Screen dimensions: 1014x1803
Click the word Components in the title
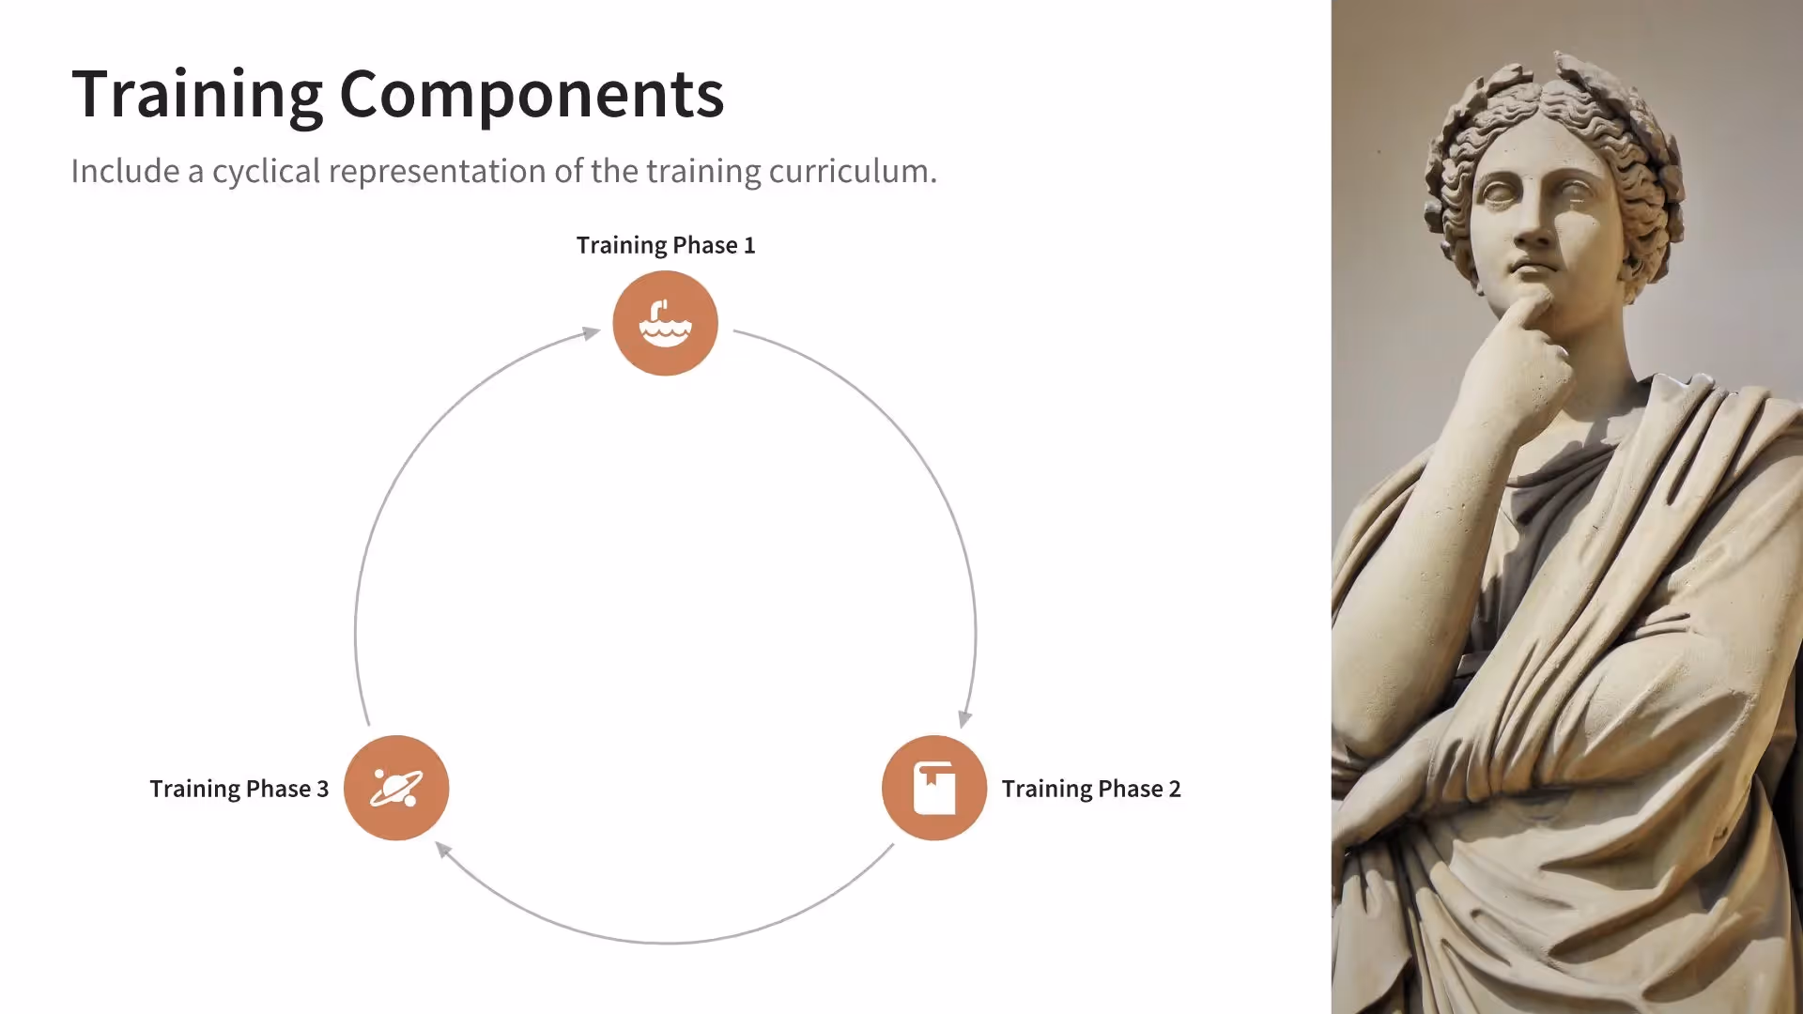click(x=532, y=95)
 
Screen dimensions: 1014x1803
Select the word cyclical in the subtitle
click(x=266, y=172)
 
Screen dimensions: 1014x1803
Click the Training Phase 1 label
click(x=665, y=245)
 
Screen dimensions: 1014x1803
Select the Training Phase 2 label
click(x=1090, y=789)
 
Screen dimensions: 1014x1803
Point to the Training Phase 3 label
click(x=239, y=789)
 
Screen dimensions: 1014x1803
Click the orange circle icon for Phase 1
click(x=665, y=323)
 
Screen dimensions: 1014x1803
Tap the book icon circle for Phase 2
click(x=933, y=788)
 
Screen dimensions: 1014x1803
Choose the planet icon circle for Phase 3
click(x=396, y=788)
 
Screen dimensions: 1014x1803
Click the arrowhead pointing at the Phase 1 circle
click(x=592, y=332)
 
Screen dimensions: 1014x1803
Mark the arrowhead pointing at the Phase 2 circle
click(x=964, y=719)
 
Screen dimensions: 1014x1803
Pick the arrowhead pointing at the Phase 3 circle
click(x=443, y=850)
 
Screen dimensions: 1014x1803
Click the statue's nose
click(x=1533, y=231)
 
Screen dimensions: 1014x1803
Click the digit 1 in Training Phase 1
click(x=749, y=245)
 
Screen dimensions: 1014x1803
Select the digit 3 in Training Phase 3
click(x=323, y=789)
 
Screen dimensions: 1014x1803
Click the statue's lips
click(x=1531, y=269)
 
